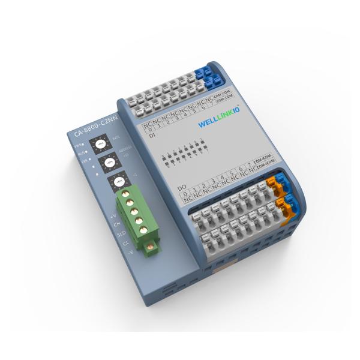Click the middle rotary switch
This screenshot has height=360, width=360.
(x=109, y=163)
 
